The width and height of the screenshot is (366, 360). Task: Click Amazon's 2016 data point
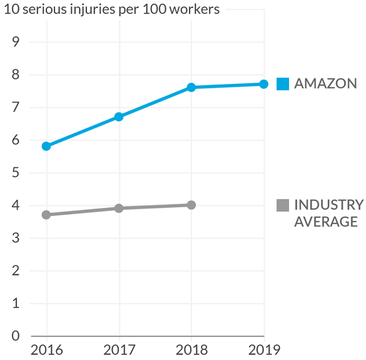point(46,147)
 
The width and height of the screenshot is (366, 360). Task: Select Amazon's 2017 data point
point(119,116)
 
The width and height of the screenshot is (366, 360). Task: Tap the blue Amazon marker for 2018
point(191,88)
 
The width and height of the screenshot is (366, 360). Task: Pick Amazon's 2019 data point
point(264,84)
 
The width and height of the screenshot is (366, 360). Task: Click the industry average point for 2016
point(46,215)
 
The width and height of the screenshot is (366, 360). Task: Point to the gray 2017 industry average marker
point(119,208)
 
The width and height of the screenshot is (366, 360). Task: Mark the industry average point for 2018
point(191,205)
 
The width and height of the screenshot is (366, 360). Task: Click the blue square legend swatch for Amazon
point(283,84)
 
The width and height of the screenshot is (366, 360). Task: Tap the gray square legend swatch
point(283,205)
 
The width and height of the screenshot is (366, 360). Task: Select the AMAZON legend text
point(325,84)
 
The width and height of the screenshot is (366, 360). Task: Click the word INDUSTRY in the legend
point(329,205)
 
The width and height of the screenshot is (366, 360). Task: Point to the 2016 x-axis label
point(47,350)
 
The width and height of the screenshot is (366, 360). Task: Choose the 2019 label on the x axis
point(264,350)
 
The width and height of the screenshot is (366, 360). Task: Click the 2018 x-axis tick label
point(191,350)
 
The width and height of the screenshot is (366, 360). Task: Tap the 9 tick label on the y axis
point(16,42)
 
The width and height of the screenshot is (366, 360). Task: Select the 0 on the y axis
point(16,336)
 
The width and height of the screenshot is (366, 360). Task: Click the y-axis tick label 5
point(16,173)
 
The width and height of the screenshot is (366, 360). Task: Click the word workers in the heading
point(195,9)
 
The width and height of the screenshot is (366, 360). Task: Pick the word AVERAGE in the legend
point(326,222)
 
